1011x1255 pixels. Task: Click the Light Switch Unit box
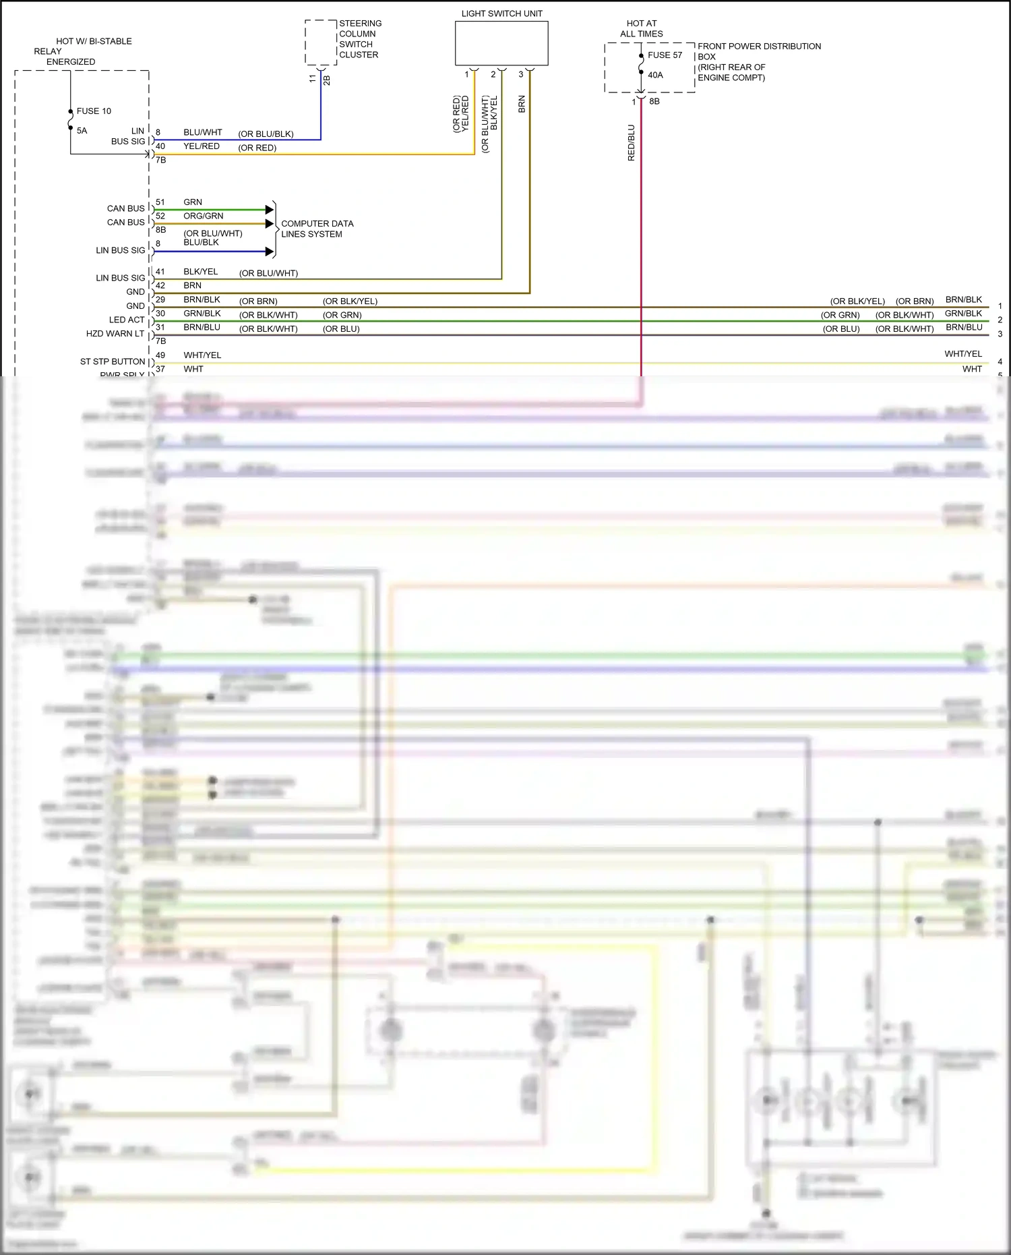click(x=501, y=43)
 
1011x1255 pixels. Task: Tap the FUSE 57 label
click(x=665, y=55)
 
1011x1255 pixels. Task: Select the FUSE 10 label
click(x=94, y=111)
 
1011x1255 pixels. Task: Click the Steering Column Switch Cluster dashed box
click(x=321, y=42)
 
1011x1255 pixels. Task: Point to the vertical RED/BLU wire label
click(x=632, y=142)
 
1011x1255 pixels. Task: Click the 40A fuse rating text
click(x=655, y=75)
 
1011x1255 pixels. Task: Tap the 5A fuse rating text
click(x=82, y=131)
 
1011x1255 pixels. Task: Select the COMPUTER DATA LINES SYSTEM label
click(x=316, y=229)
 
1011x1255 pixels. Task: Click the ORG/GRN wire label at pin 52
click(x=203, y=216)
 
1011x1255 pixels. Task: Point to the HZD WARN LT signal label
click(x=115, y=334)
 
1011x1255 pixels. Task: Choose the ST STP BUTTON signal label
click(x=113, y=361)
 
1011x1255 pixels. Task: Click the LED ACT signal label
click(x=127, y=320)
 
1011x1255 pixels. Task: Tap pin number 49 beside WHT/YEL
click(x=160, y=355)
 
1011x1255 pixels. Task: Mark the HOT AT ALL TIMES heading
click(x=641, y=28)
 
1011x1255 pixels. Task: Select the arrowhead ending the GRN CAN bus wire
click(x=270, y=210)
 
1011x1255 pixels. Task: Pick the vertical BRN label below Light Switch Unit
click(x=522, y=104)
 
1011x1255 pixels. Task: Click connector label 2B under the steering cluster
click(x=327, y=80)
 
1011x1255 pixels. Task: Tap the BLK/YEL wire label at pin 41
click(x=200, y=272)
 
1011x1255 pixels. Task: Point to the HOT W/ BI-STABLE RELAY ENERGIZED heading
click(x=83, y=51)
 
